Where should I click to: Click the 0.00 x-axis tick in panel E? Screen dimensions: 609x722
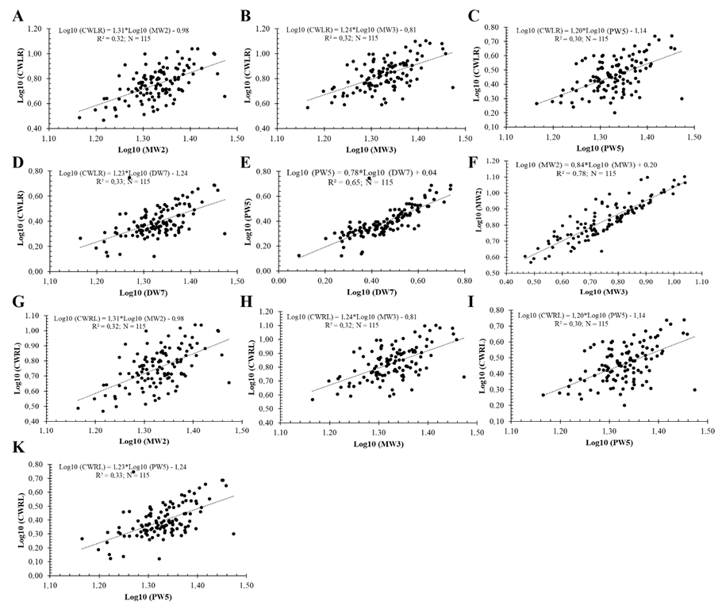coord(278,280)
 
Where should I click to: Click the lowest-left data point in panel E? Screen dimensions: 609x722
coord(299,255)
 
